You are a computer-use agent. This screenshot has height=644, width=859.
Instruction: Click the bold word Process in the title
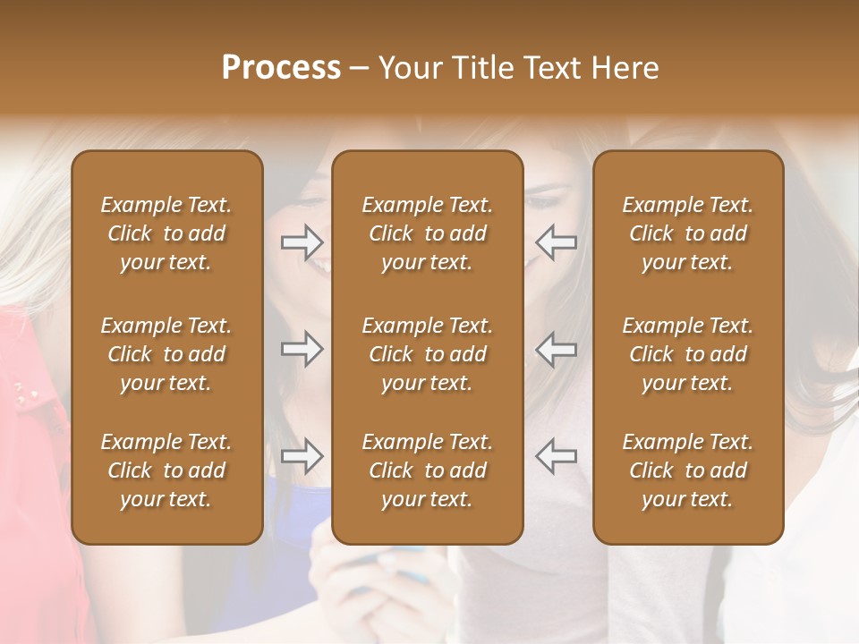281,68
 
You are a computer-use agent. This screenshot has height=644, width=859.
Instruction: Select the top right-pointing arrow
302,241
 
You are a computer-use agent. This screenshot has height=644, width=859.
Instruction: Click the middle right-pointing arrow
302,349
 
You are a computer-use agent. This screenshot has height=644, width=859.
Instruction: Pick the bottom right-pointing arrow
302,456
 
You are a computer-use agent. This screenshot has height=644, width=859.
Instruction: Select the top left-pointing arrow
556,241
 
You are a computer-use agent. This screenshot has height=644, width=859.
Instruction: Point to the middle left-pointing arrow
556,349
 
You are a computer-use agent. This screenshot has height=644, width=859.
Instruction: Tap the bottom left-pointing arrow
556,456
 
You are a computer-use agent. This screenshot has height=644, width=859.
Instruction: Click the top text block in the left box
166,233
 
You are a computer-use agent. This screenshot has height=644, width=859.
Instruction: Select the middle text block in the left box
166,354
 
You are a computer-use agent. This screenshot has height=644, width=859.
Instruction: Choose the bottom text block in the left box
166,470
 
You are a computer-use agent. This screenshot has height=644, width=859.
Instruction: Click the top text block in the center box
428,233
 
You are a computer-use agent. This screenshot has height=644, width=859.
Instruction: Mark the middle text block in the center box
428,354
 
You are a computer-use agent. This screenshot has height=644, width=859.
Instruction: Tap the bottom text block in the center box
428,470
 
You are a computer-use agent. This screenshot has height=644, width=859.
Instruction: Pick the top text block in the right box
688,233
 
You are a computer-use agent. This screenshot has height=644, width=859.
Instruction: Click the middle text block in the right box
688,354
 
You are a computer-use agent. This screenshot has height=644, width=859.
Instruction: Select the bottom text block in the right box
688,470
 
